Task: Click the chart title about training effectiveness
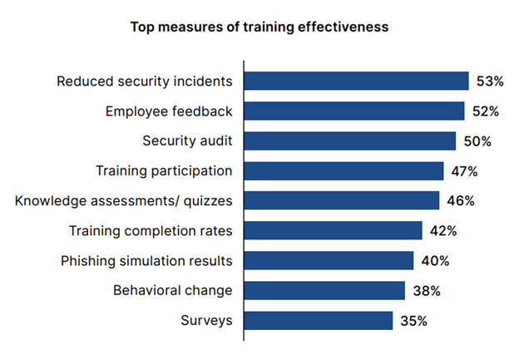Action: [259, 27]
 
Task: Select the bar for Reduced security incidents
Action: [356, 81]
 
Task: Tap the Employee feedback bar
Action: [354, 111]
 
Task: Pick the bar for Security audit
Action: [349, 141]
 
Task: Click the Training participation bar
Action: [344, 171]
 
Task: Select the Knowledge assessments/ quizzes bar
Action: [341, 200]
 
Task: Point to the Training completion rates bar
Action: [333, 230]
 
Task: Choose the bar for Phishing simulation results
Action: [329, 260]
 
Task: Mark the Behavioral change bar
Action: [324, 290]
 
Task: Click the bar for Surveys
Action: [318, 320]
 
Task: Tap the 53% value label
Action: [491, 81]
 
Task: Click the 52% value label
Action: [486, 111]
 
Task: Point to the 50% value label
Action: [477, 141]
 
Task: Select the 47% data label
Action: [464, 171]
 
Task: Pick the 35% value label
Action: [413, 320]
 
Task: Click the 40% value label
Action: [435, 260]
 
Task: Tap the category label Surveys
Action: [206, 320]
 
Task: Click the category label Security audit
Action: [187, 141]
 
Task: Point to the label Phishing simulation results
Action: [146, 260]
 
